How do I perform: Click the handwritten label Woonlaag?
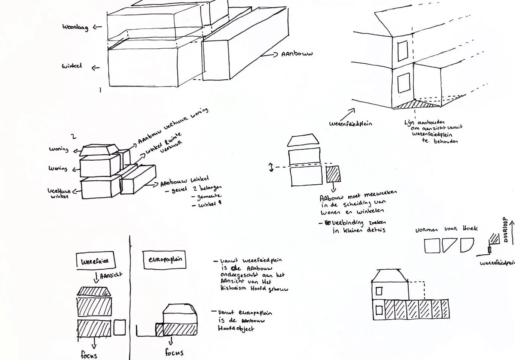point(75,27)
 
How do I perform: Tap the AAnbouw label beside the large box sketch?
point(297,54)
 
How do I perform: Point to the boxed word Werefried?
point(95,261)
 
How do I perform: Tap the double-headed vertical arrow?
point(271,167)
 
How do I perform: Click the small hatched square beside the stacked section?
point(332,174)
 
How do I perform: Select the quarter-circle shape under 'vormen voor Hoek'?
point(466,245)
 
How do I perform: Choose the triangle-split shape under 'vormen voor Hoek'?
point(450,245)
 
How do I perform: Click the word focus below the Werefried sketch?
point(89,354)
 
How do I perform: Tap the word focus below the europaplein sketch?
point(174,352)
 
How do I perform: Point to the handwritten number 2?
point(74,137)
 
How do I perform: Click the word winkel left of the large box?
point(72,67)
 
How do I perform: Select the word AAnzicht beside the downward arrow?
point(112,276)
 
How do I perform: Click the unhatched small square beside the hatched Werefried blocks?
point(119,327)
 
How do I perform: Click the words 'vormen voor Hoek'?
point(446,229)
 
